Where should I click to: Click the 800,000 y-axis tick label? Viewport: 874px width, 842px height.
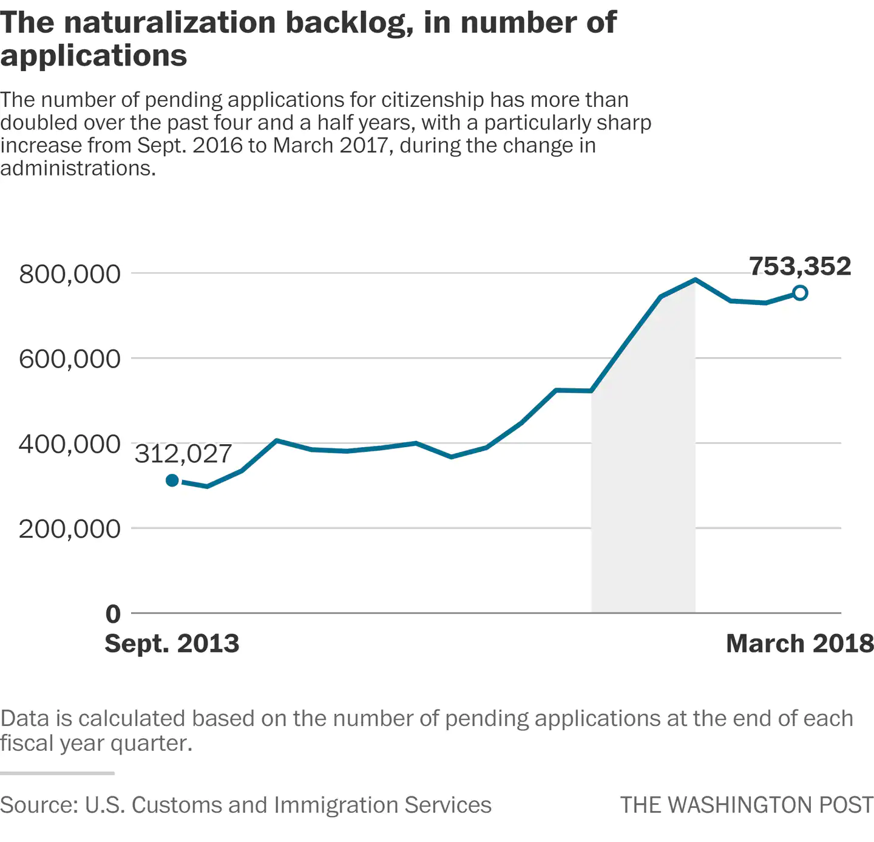[x=70, y=274]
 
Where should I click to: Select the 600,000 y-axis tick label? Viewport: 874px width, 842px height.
[x=70, y=359]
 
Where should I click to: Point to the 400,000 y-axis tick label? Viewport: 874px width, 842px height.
[x=70, y=444]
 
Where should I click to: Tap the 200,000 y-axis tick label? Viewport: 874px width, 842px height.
[x=70, y=529]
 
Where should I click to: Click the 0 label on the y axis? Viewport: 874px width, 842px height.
[x=113, y=614]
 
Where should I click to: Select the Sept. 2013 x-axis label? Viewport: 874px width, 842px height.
[x=172, y=643]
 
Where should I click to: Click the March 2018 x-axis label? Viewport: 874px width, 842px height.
[x=799, y=643]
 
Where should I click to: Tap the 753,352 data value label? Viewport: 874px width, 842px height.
[x=799, y=266]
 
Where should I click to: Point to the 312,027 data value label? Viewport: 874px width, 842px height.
[x=183, y=454]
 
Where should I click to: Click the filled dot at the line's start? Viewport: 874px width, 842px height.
[x=172, y=481]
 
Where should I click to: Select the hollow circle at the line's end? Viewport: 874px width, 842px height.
[x=800, y=293]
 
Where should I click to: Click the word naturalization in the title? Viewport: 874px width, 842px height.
[x=169, y=22]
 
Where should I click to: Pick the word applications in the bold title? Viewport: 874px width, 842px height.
[x=93, y=56]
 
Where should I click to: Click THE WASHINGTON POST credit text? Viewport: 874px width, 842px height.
[x=747, y=805]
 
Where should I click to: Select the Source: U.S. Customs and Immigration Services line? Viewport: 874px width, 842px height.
[x=245, y=805]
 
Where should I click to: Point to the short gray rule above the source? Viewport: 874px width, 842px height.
[x=57, y=773]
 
